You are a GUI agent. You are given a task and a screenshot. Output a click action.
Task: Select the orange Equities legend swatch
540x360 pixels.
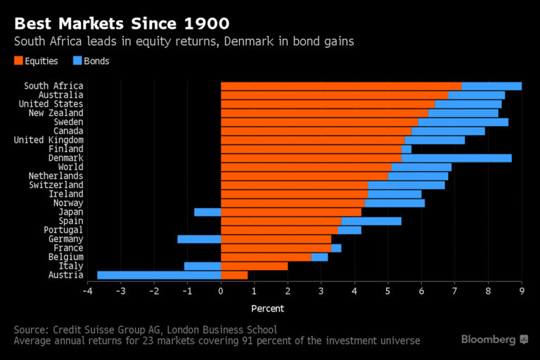[x=18, y=61]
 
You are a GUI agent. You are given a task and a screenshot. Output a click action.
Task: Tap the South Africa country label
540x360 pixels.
[x=53, y=86]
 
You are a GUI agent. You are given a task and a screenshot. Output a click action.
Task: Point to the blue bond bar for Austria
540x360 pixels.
[x=159, y=275]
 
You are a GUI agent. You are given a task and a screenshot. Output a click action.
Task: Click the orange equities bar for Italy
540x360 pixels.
[x=255, y=266]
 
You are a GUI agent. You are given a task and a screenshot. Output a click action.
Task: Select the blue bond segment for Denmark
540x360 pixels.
[x=456, y=158]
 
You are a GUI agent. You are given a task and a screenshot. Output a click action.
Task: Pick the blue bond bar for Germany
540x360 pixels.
[x=199, y=239]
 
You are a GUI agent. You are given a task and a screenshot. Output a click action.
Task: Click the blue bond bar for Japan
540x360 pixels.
[x=207, y=212]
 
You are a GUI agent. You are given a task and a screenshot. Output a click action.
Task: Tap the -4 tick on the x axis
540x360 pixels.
[x=87, y=291]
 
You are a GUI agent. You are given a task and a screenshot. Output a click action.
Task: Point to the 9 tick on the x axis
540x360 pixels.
[x=522, y=291]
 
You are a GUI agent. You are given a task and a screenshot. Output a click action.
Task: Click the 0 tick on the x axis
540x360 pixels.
[x=221, y=291]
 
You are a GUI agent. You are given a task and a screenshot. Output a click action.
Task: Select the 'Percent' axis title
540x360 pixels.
[x=268, y=308]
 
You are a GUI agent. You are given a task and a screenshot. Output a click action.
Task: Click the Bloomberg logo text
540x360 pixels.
[x=489, y=340]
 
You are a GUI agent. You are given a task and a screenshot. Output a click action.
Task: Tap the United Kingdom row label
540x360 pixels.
[x=49, y=140]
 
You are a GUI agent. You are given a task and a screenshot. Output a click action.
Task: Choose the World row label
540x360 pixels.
[x=70, y=167]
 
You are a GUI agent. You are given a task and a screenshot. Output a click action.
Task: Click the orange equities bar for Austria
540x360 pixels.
[x=234, y=275]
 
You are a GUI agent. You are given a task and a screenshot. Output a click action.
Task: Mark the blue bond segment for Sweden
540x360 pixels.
[x=463, y=122]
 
